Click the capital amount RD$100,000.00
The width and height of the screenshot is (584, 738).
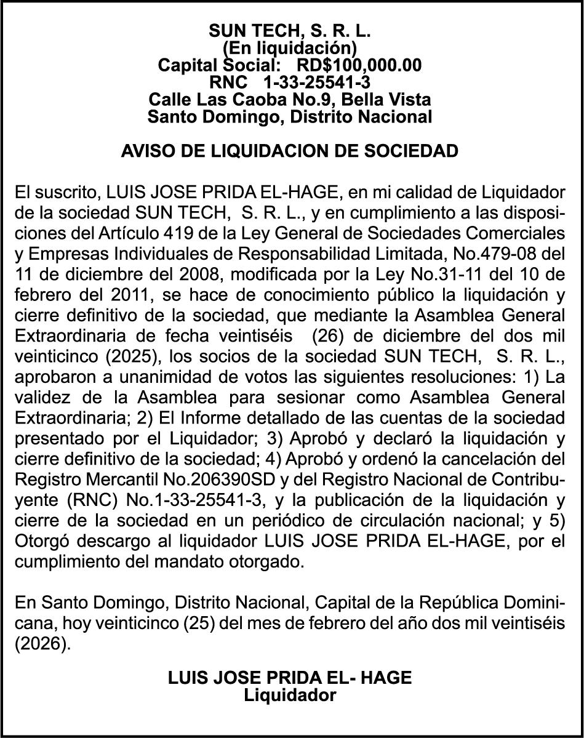pyautogui.click(x=359, y=65)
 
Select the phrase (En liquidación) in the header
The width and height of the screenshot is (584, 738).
pyautogui.click(x=289, y=47)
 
